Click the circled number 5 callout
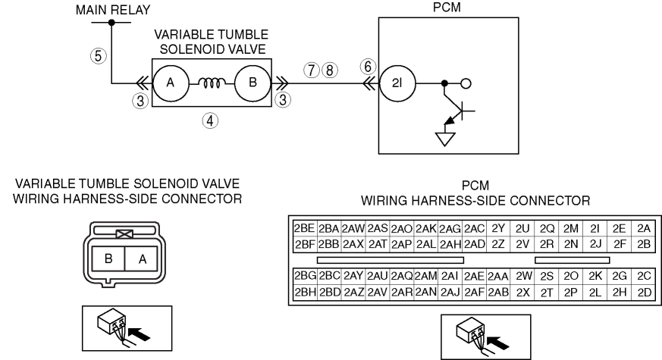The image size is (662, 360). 99,56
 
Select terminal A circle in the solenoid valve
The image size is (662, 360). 171,83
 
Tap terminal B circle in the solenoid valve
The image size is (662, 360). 253,83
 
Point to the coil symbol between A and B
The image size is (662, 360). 212,83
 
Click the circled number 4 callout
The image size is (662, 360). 210,121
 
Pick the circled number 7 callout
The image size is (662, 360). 312,70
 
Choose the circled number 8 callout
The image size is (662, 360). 330,70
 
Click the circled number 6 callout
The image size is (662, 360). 368,67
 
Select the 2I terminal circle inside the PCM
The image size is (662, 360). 397,83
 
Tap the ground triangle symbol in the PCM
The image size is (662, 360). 445,139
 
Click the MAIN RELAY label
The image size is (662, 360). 113,10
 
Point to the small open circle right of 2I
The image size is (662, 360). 466,83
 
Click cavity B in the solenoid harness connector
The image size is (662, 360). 108,258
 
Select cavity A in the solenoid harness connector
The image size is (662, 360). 142,258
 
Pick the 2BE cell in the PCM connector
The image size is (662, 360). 305,229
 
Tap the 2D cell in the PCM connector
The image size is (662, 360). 644,292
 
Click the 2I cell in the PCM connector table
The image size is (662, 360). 595,229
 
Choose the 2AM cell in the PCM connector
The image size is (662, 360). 425,276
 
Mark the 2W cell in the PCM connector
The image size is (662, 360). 522,276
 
